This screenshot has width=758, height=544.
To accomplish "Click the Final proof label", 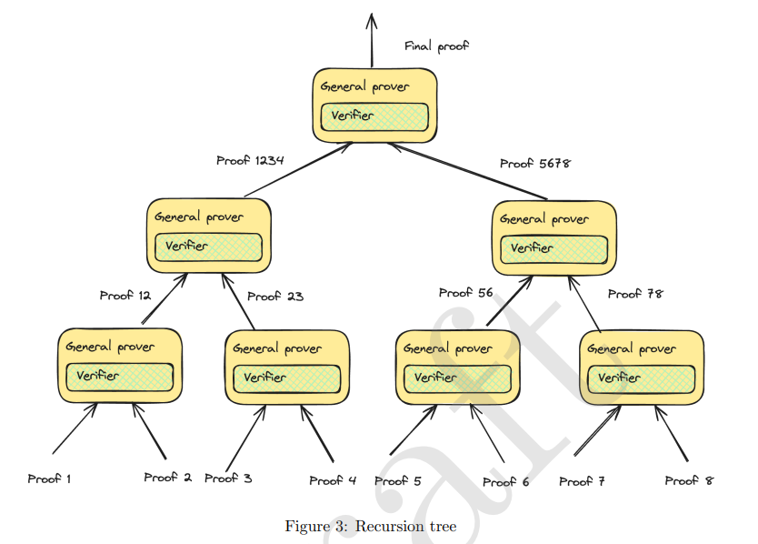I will point(436,45).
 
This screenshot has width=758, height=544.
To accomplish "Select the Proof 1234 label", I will point(250,160).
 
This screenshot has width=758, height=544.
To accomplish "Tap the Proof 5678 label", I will point(534,163).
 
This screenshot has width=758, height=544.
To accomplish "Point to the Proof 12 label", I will point(125,295).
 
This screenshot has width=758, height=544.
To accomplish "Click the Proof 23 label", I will point(275,296).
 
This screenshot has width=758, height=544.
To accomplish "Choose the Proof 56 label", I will point(465,293).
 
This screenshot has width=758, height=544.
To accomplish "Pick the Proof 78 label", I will point(635,294).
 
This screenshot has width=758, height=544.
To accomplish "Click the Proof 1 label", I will point(49,479).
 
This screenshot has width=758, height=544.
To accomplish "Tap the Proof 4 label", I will point(333,480).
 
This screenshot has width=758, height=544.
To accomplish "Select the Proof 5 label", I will point(398,481).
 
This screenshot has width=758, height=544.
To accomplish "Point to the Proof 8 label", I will point(689,480).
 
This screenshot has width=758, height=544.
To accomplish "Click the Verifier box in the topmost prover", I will point(374,116).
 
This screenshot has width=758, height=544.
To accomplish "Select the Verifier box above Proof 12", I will point(208,247).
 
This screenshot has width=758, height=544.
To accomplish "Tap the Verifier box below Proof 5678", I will point(554,248).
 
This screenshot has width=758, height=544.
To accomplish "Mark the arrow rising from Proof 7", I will point(598,430).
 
